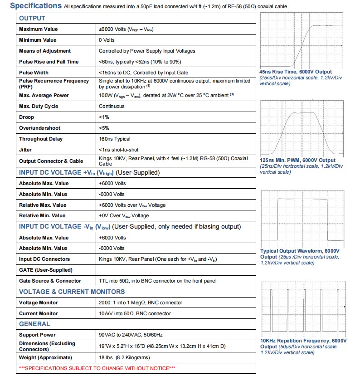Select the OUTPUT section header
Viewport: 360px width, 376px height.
[32, 19]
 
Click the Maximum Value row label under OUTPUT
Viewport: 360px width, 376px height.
[39, 29]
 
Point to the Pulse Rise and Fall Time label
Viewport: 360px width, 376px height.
[49, 62]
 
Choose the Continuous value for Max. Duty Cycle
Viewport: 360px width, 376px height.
[112, 106]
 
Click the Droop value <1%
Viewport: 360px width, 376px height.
[104, 117]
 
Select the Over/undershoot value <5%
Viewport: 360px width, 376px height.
[104, 128]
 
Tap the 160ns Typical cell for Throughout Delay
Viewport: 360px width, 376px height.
[115, 139]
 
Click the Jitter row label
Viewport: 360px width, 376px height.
[25, 150]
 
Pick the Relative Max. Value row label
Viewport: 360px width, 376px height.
[42, 205]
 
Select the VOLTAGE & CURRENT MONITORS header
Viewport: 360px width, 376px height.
[72, 292]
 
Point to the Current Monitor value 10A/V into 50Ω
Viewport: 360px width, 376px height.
[135, 313]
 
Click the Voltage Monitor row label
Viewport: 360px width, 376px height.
[39, 303]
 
